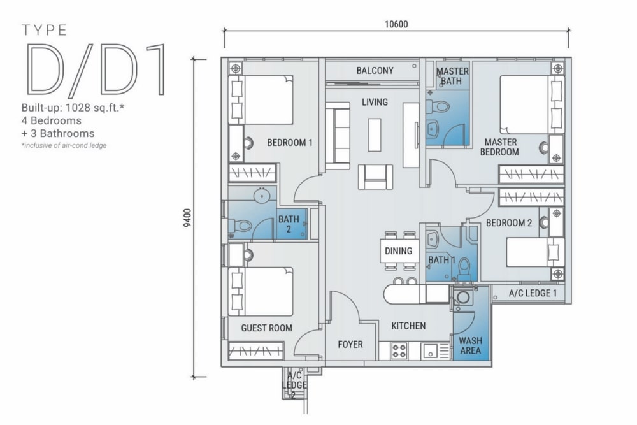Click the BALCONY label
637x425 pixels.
pos(375,71)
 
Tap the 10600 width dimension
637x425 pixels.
pos(396,24)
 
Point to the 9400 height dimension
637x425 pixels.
pos(187,218)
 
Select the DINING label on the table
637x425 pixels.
pos(399,250)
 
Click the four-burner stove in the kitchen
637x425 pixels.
pos(399,350)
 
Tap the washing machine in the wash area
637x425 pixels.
pos(462,297)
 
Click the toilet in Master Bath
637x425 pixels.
pos(439,107)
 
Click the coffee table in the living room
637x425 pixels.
pos(374,134)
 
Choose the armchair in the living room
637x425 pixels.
pos(375,176)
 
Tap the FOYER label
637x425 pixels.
pos(350,345)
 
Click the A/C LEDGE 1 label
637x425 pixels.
pos(533,293)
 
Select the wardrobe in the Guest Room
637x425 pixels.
pos(255,350)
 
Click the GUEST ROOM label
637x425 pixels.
pos(266,328)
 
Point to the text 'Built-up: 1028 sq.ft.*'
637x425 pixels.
pos(73,108)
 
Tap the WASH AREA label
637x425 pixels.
pos(471,345)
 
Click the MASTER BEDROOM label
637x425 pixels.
pos(499,147)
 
